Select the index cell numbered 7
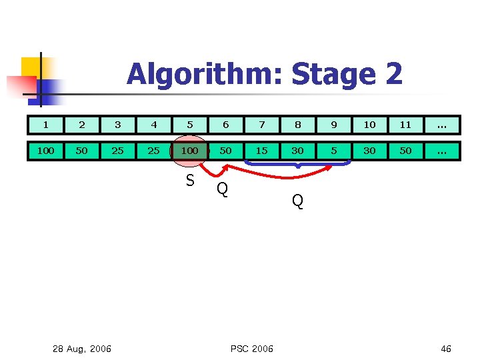pos(262,125)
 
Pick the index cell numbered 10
pos(370,125)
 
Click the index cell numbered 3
pos(118,125)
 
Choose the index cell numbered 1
pos(46,125)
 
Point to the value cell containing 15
pos(262,151)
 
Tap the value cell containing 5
pos(334,151)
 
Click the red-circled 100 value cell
pos(190,151)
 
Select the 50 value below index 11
pos(406,151)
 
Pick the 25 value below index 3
pos(118,151)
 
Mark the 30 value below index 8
pos(298,151)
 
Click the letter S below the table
pos(190,181)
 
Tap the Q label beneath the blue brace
pos(298,201)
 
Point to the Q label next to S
pos(223,189)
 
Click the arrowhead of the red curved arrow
pos(331,166)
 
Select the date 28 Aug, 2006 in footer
pos(82,349)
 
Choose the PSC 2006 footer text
pos(251,349)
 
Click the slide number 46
pos(446,349)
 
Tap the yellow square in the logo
pos(31,67)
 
